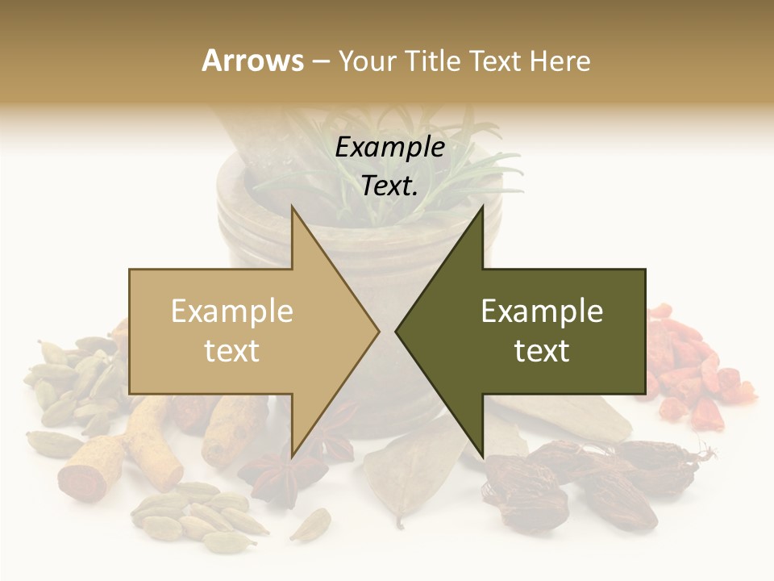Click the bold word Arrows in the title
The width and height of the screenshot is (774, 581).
252,61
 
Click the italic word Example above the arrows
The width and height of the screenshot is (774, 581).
390,148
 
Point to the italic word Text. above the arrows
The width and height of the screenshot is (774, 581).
390,186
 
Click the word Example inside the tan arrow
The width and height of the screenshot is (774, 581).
232,311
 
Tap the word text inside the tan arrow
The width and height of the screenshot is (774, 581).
232,351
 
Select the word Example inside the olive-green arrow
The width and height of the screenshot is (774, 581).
542,311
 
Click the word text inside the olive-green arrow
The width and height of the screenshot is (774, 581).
542,351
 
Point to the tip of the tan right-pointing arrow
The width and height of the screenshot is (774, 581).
379,331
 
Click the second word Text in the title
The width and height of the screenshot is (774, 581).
496,61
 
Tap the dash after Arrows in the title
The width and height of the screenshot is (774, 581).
320,61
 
